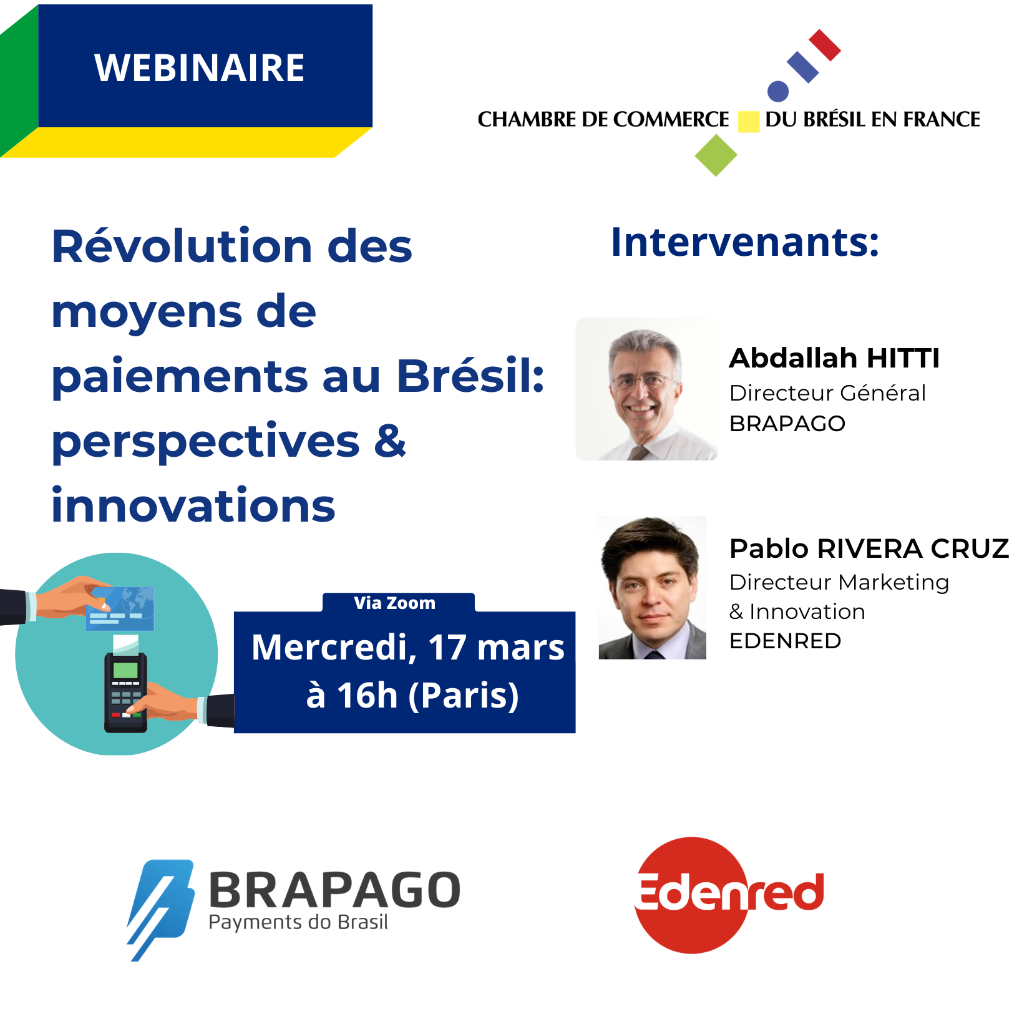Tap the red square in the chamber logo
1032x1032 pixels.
824,45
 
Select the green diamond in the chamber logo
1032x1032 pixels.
716,155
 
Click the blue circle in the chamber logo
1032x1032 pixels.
777,91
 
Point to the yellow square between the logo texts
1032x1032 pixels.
748,122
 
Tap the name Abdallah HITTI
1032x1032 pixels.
834,358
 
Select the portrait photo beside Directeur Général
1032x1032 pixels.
646,389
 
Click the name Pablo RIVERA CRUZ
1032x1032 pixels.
869,548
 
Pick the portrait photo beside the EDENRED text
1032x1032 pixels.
652,587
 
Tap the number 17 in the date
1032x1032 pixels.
447,647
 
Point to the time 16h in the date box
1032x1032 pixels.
367,695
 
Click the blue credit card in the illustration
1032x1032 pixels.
120,608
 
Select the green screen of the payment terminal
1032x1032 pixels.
125,670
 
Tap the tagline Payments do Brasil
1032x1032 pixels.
298,923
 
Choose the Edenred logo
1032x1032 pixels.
729,895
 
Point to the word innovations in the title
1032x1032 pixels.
193,505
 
